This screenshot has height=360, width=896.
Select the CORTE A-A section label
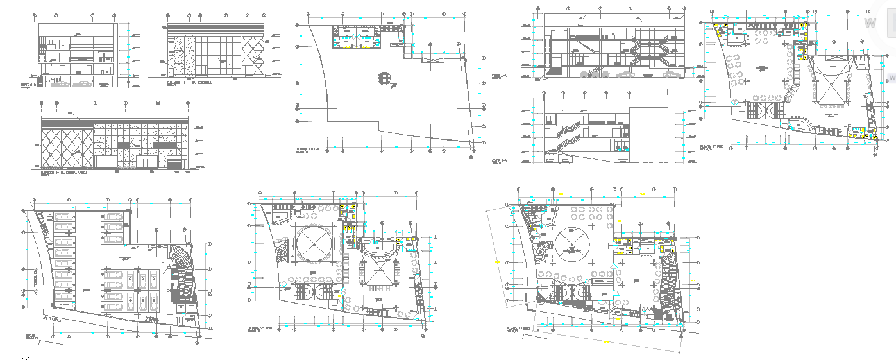(x=499, y=76)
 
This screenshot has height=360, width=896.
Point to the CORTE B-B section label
(x=499, y=160)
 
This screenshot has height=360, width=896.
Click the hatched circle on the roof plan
(x=384, y=78)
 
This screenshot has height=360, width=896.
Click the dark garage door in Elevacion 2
(x=174, y=165)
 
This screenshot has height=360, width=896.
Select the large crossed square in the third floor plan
(x=834, y=83)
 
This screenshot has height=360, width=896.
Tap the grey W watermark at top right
(x=870, y=23)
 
